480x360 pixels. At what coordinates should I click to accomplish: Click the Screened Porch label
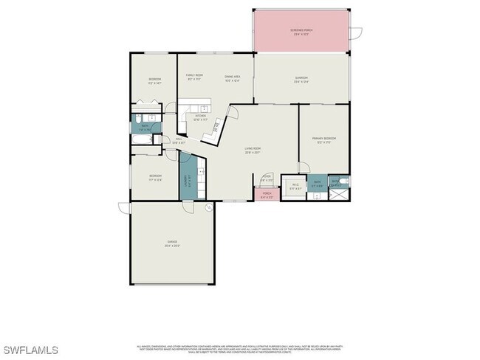(301, 31)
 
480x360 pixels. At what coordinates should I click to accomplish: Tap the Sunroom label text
(301, 79)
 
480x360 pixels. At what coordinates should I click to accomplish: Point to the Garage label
(172, 243)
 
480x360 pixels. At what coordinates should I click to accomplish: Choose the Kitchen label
(201, 116)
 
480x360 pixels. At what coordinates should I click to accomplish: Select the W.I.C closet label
(295, 186)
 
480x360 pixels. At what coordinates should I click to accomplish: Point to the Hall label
(179, 141)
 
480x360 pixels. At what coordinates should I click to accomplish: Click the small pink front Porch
(267, 195)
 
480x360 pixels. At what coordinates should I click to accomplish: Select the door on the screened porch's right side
(356, 32)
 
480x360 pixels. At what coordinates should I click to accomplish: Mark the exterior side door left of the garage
(123, 210)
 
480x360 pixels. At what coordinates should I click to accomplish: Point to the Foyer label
(267, 179)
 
